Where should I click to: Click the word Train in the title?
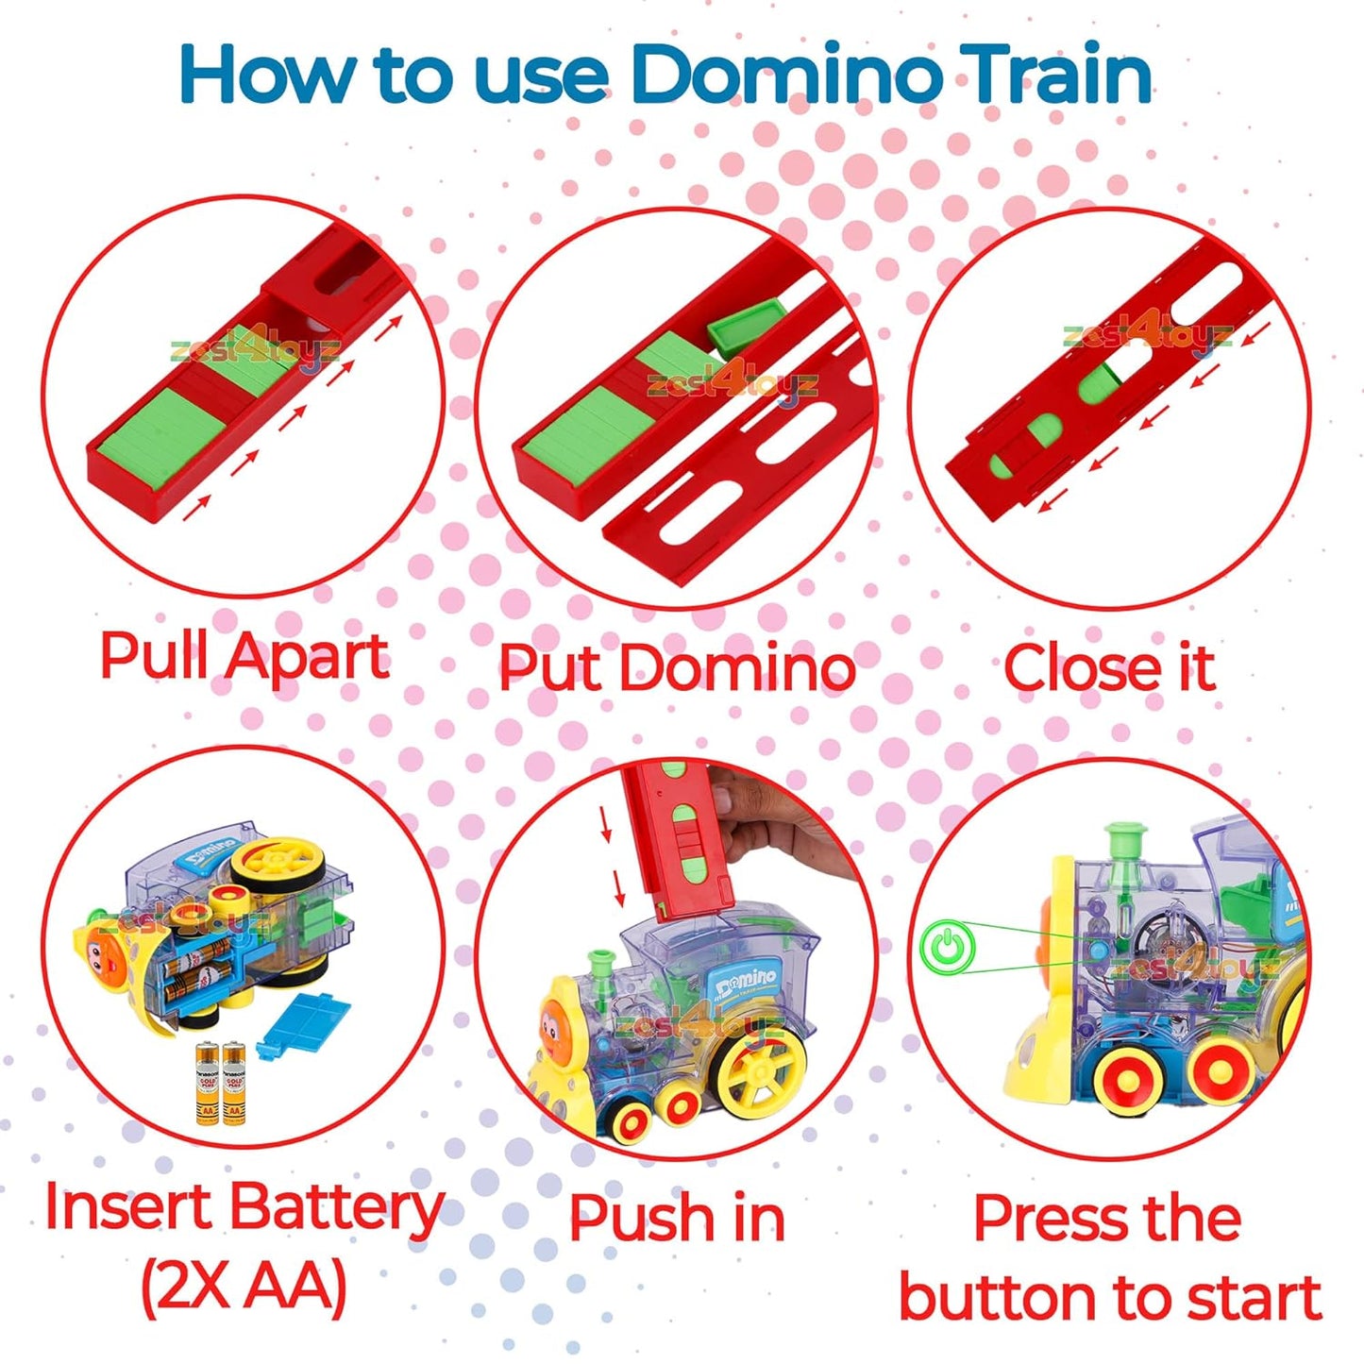pyautogui.click(x=1057, y=75)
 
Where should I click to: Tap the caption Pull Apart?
pyautogui.click(x=244, y=656)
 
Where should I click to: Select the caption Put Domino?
pyautogui.click(x=676, y=668)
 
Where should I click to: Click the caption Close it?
pyautogui.click(x=1109, y=668)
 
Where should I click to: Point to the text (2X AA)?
pyautogui.click(x=244, y=1286)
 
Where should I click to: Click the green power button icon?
pyautogui.click(x=947, y=947)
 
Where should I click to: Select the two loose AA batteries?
pyautogui.click(x=220, y=1083)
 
